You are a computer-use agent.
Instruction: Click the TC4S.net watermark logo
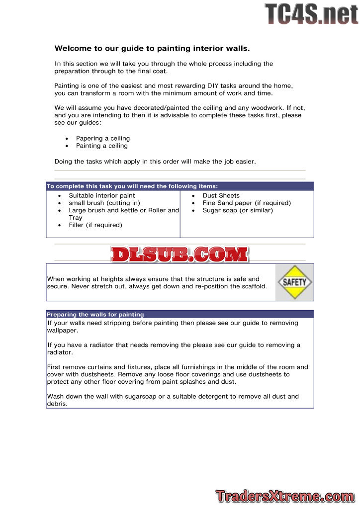(x=311, y=14)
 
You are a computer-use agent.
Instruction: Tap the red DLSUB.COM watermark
(x=180, y=254)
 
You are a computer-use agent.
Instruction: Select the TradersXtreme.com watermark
(x=285, y=496)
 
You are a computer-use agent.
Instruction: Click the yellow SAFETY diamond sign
(x=294, y=282)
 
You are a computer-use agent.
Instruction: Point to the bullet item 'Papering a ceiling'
(x=103, y=138)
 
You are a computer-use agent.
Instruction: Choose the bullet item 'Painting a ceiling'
(x=102, y=146)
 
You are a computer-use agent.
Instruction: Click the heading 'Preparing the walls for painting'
(x=95, y=315)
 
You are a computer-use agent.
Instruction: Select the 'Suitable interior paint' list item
(x=102, y=196)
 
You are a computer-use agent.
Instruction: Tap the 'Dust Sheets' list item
(x=221, y=196)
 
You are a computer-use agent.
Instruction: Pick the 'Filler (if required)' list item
(x=95, y=225)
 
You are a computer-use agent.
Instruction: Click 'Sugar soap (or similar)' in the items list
(x=238, y=210)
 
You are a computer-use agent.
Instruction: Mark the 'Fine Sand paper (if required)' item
(x=247, y=203)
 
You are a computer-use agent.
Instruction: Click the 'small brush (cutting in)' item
(x=104, y=203)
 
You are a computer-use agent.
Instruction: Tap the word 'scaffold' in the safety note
(x=253, y=286)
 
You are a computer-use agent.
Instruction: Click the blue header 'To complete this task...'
(x=132, y=186)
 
